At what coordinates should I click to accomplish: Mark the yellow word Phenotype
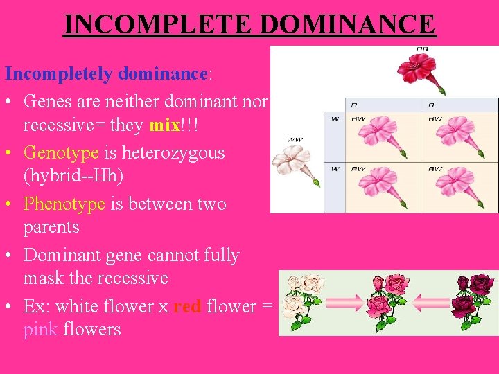tap(64, 204)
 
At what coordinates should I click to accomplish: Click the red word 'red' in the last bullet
tap(187, 305)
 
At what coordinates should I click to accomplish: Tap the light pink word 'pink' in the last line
tap(40, 329)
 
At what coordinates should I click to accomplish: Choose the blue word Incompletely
tap(60, 73)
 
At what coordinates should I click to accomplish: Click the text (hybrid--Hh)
tap(73, 176)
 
